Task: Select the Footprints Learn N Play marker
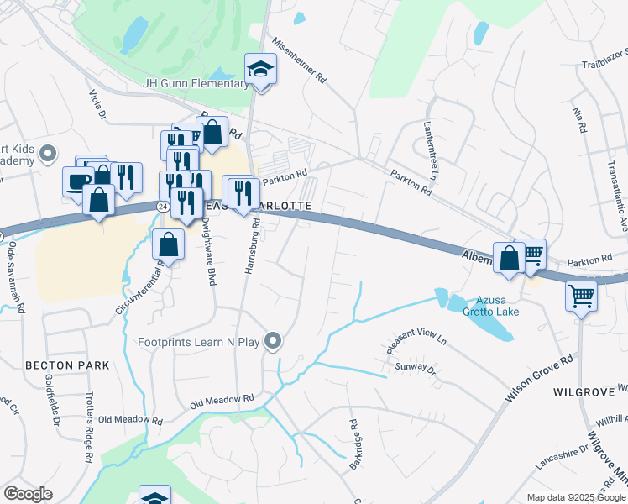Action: coord(272,341)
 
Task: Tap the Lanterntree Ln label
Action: coord(432,150)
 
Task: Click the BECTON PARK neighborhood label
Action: coord(67,365)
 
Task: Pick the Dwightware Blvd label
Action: coord(207,250)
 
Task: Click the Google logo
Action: coord(29,493)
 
